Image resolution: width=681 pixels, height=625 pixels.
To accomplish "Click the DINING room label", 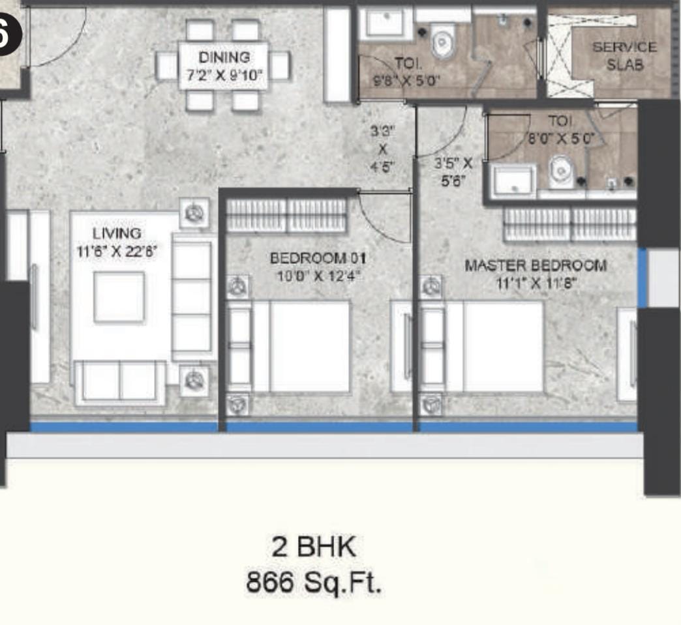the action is (x=224, y=57).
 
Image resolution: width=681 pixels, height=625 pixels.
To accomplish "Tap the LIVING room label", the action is (x=117, y=233).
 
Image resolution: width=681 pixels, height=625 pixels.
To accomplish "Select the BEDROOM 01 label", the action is (x=318, y=259).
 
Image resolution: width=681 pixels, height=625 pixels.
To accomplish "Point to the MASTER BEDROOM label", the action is (x=536, y=265).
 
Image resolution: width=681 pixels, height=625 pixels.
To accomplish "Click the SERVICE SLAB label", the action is (x=624, y=55).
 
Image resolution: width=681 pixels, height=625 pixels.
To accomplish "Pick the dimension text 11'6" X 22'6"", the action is (x=116, y=252).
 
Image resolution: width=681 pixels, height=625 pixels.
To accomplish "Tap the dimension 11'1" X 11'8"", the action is (x=536, y=283).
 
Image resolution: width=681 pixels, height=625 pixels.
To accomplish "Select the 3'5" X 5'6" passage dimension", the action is (x=453, y=172).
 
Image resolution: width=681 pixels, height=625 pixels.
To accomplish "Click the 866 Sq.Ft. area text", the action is (x=314, y=582).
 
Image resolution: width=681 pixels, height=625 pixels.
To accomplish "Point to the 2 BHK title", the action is (x=314, y=546).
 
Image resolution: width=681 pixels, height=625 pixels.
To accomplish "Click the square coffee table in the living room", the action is (x=119, y=297).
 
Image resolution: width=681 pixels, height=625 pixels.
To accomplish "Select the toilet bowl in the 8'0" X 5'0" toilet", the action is (x=560, y=172).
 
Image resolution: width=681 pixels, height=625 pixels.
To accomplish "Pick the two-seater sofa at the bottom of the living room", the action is (x=120, y=383).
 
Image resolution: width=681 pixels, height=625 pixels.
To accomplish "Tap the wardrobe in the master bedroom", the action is (x=569, y=224).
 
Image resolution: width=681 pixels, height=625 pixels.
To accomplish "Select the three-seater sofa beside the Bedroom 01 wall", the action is (x=192, y=297).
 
